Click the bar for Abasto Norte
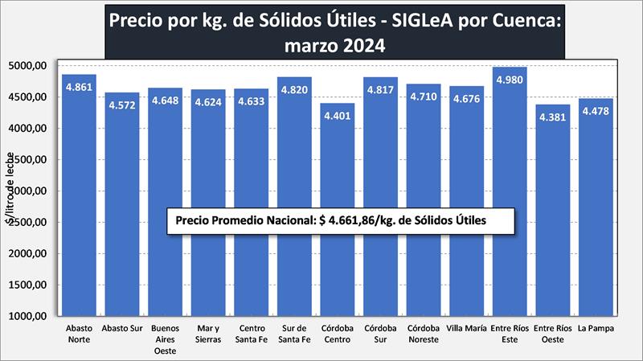click(x=79, y=193)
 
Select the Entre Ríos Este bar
click(x=510, y=193)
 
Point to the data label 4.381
click(x=553, y=117)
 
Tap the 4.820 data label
click(x=294, y=90)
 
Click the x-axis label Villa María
click(x=467, y=329)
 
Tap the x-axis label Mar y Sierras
click(x=208, y=334)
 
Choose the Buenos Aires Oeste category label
click(x=165, y=338)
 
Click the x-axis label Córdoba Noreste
click(x=424, y=334)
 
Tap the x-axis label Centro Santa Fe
click(x=252, y=334)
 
